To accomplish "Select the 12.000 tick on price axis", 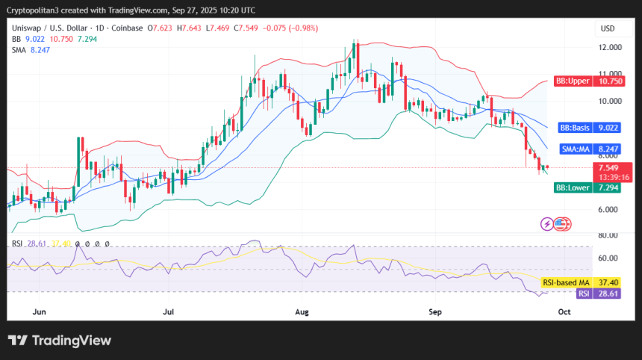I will coord(610,47).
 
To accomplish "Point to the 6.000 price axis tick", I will coord(610,210).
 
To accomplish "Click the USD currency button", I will coord(608,28).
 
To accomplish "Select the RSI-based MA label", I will coord(565,282).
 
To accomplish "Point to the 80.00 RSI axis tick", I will coord(610,236).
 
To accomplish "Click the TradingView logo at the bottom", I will coord(60,341).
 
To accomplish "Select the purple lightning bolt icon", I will coord(546,223).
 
